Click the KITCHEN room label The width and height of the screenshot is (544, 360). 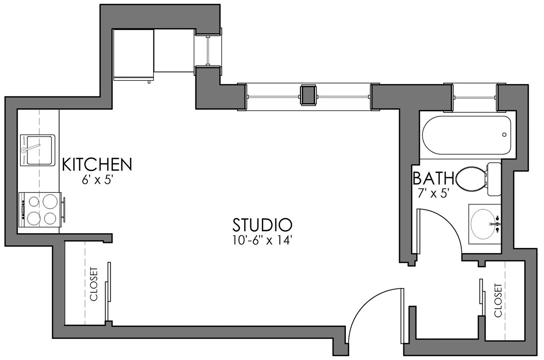point(97,164)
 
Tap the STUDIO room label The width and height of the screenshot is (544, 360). point(262,225)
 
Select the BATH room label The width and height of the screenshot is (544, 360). point(433,178)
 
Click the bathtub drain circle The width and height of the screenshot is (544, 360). point(504,135)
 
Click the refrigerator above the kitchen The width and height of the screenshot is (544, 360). point(134,54)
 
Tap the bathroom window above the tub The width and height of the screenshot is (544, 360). point(475,97)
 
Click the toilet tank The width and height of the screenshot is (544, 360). point(494,179)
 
